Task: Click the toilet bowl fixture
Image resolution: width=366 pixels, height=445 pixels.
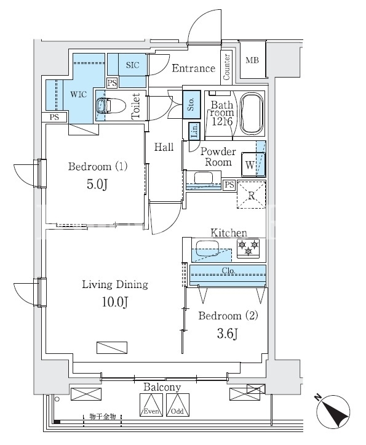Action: coord(111,106)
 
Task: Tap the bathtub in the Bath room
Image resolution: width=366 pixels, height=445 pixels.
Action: coord(252,113)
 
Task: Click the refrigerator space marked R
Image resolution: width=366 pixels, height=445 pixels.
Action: coord(252,194)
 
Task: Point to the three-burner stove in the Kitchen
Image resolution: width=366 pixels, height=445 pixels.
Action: coord(249,249)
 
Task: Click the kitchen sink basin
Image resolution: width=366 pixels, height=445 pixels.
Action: coord(207,248)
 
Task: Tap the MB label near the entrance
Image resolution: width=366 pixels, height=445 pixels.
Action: coord(252,60)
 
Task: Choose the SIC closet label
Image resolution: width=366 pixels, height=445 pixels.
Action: coord(133,65)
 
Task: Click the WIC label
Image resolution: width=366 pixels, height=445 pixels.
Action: coord(79,94)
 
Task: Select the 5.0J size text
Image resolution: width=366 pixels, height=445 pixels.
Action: coord(97,185)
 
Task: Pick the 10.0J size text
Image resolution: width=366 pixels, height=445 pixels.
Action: coord(115,302)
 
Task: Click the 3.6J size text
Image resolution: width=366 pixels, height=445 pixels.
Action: coord(227,334)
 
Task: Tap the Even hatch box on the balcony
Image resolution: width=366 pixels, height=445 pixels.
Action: coord(151,405)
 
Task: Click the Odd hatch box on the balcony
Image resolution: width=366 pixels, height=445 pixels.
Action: coord(178,405)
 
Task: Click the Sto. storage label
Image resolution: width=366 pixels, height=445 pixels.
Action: coord(191,105)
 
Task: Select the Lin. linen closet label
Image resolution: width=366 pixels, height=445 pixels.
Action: coord(194,131)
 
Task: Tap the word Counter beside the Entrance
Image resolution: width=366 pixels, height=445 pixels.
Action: coord(226,67)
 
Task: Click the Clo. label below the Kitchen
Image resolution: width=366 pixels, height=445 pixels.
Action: coord(228,270)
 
